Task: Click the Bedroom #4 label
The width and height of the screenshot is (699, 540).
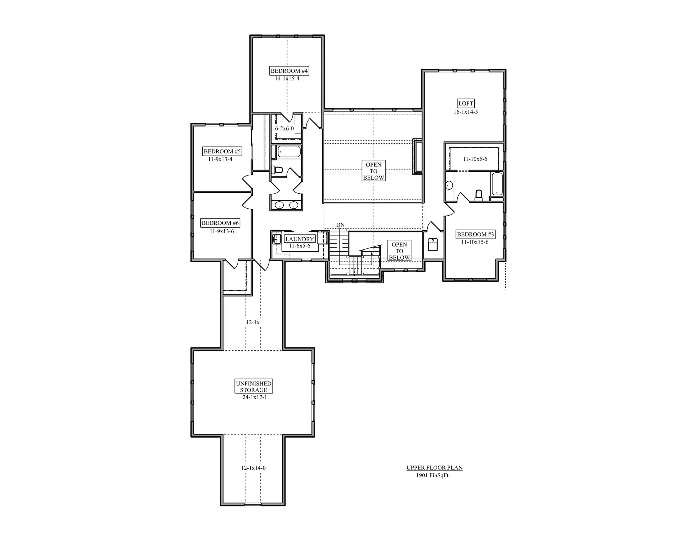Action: click(x=289, y=71)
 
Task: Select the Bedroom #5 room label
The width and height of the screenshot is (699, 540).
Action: click(x=222, y=151)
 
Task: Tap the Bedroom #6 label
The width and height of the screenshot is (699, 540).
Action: click(x=220, y=223)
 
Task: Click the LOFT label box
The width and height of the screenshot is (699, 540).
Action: click(x=466, y=103)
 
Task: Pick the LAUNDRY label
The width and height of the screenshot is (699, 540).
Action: click(x=300, y=239)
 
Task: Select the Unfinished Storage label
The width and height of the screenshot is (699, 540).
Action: click(x=253, y=387)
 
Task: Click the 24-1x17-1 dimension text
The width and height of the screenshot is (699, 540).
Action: click(x=255, y=397)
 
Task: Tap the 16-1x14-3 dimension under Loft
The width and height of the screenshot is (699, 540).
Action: click(x=466, y=112)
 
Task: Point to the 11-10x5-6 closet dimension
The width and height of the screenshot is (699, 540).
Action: click(x=475, y=159)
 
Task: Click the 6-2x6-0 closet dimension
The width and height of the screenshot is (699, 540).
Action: click(x=284, y=129)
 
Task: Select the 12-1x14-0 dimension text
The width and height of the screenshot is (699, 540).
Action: click(x=253, y=468)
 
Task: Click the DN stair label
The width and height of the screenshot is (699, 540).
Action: click(x=340, y=225)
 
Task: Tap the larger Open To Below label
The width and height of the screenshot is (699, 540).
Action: click(x=373, y=171)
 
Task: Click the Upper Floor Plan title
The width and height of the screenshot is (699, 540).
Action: click(x=434, y=468)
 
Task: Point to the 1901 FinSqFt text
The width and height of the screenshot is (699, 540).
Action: click(x=432, y=475)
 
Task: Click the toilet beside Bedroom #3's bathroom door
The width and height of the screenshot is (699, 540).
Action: click(x=478, y=195)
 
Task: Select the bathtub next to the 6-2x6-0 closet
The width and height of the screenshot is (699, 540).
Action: click(x=289, y=152)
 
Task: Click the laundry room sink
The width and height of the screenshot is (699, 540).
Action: click(x=276, y=239)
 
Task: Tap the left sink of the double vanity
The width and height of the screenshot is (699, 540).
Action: click(x=279, y=205)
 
